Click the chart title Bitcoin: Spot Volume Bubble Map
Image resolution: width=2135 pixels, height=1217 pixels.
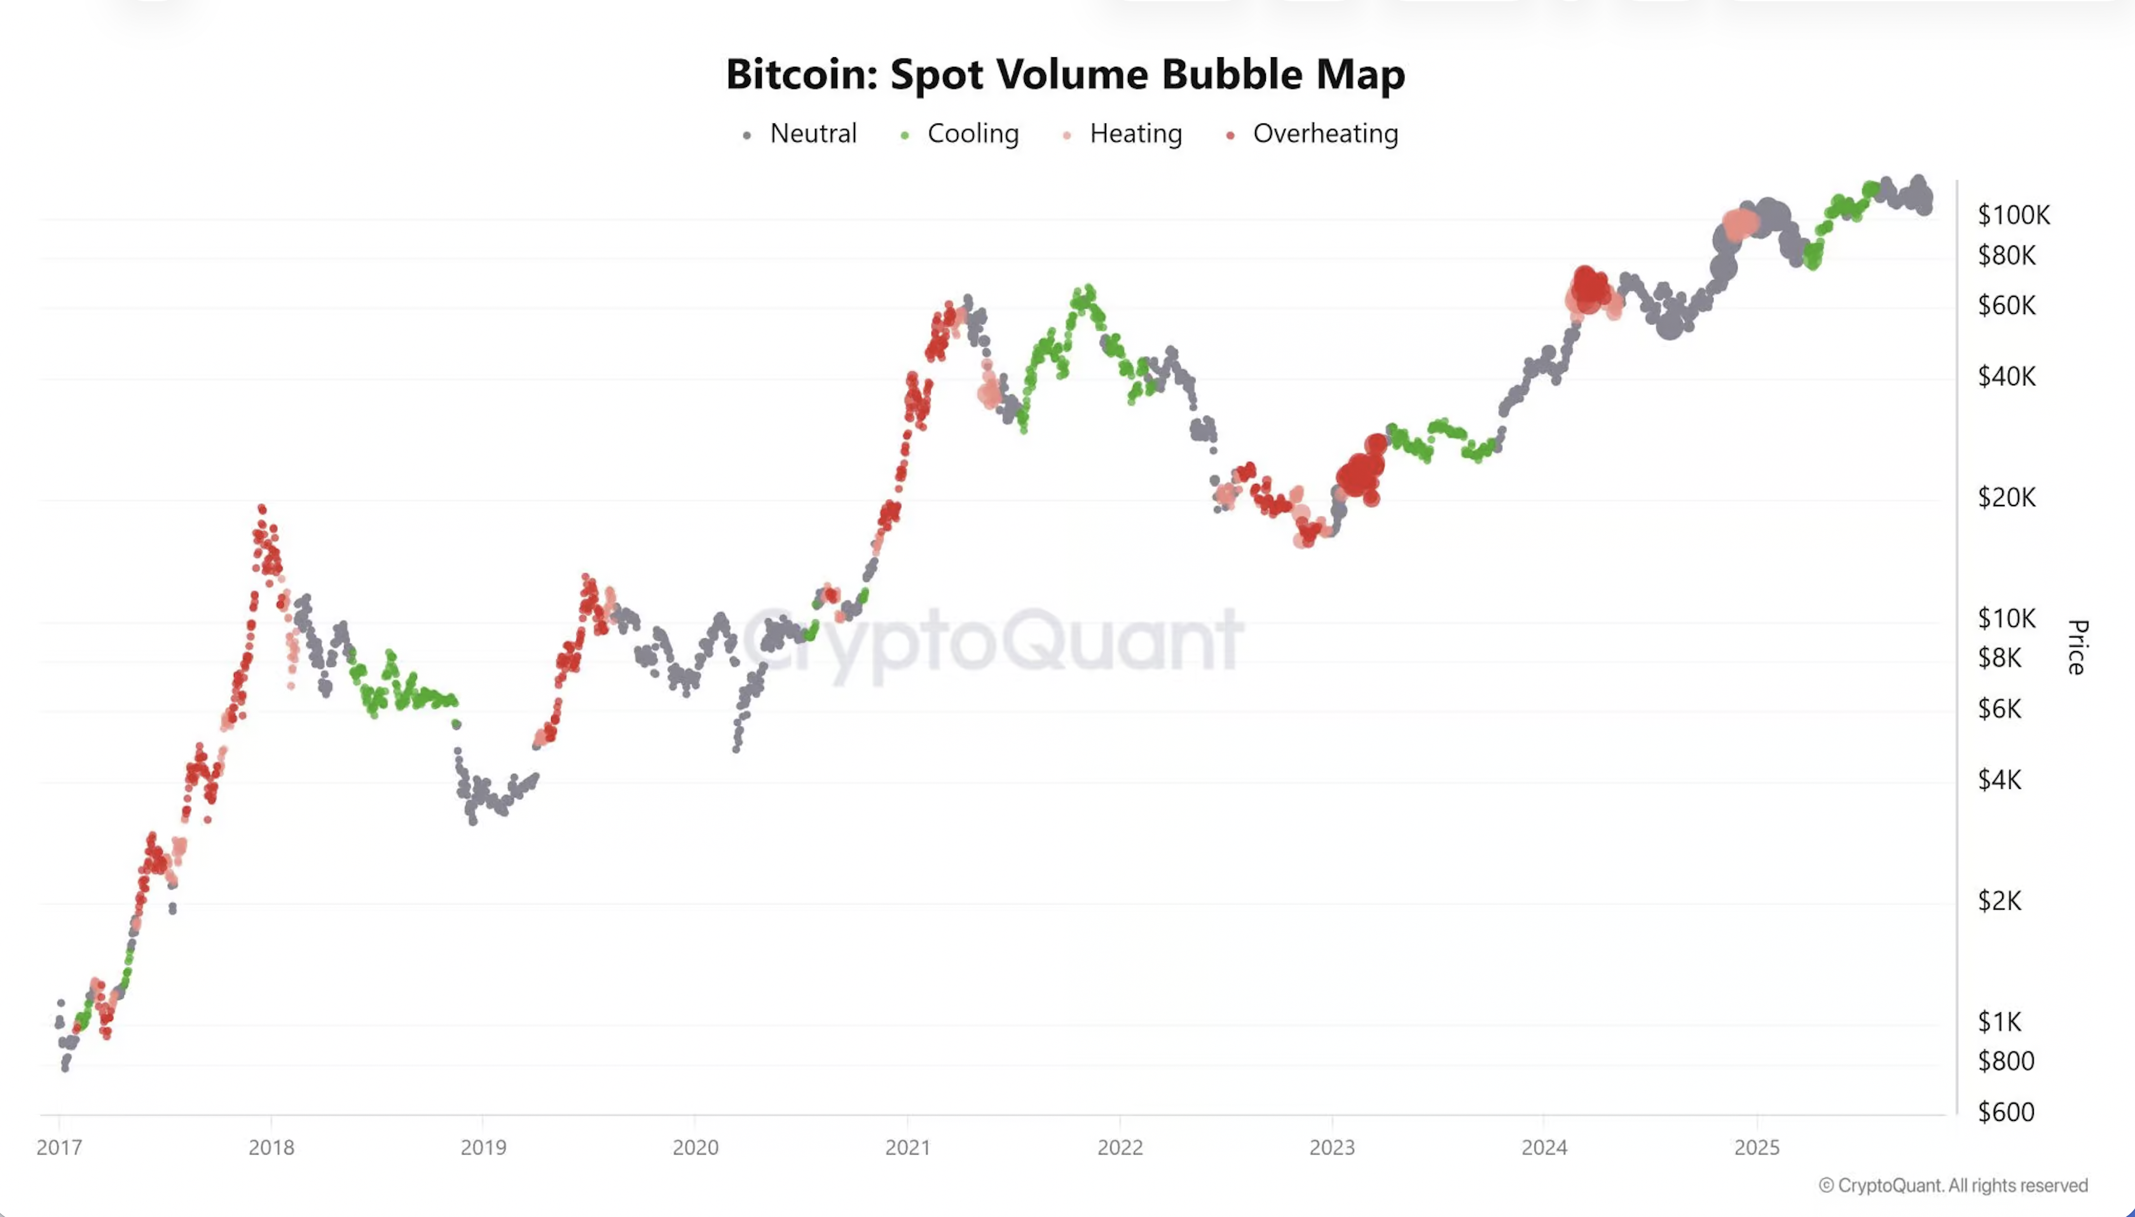(x=1066, y=74)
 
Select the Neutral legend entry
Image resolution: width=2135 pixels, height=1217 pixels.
(x=812, y=134)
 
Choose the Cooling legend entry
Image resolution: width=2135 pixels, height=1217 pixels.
(x=972, y=134)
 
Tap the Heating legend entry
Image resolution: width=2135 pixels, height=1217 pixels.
(x=1135, y=134)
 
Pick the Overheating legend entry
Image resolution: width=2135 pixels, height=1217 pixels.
(x=1324, y=134)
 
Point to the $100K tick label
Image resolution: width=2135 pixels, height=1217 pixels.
(x=2013, y=215)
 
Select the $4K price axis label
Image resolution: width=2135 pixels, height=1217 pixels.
(x=2000, y=780)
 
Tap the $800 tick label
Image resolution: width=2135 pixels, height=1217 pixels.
(x=2005, y=1061)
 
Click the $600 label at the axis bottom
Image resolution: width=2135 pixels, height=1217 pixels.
(x=2005, y=1111)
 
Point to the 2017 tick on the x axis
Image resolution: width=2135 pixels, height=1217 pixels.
(x=59, y=1147)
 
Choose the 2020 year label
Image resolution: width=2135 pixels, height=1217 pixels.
(x=695, y=1147)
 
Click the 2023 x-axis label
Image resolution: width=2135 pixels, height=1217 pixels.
(x=1332, y=1147)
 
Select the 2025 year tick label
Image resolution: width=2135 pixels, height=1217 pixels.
(x=1757, y=1147)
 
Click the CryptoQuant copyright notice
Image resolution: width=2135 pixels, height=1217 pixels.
(x=1953, y=1185)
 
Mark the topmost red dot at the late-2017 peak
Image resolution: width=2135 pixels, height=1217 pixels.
(x=261, y=508)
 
